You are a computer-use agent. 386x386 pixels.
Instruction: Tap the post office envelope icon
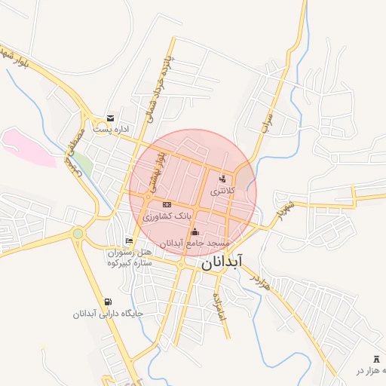(x=111, y=118)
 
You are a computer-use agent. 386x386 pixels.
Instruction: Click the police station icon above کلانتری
(x=222, y=179)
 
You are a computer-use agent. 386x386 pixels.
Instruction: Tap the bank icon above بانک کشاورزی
(x=167, y=204)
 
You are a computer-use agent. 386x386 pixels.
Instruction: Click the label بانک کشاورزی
(x=167, y=216)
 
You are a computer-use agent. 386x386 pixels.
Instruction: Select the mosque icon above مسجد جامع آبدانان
(x=195, y=231)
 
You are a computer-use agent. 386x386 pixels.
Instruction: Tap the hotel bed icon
(x=129, y=240)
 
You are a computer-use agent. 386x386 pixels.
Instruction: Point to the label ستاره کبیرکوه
(x=129, y=262)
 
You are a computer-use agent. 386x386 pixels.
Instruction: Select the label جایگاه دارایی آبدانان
(x=108, y=314)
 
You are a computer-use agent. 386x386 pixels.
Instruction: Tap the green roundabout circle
(x=78, y=234)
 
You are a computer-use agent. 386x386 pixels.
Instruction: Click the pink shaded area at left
(x=26, y=147)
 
